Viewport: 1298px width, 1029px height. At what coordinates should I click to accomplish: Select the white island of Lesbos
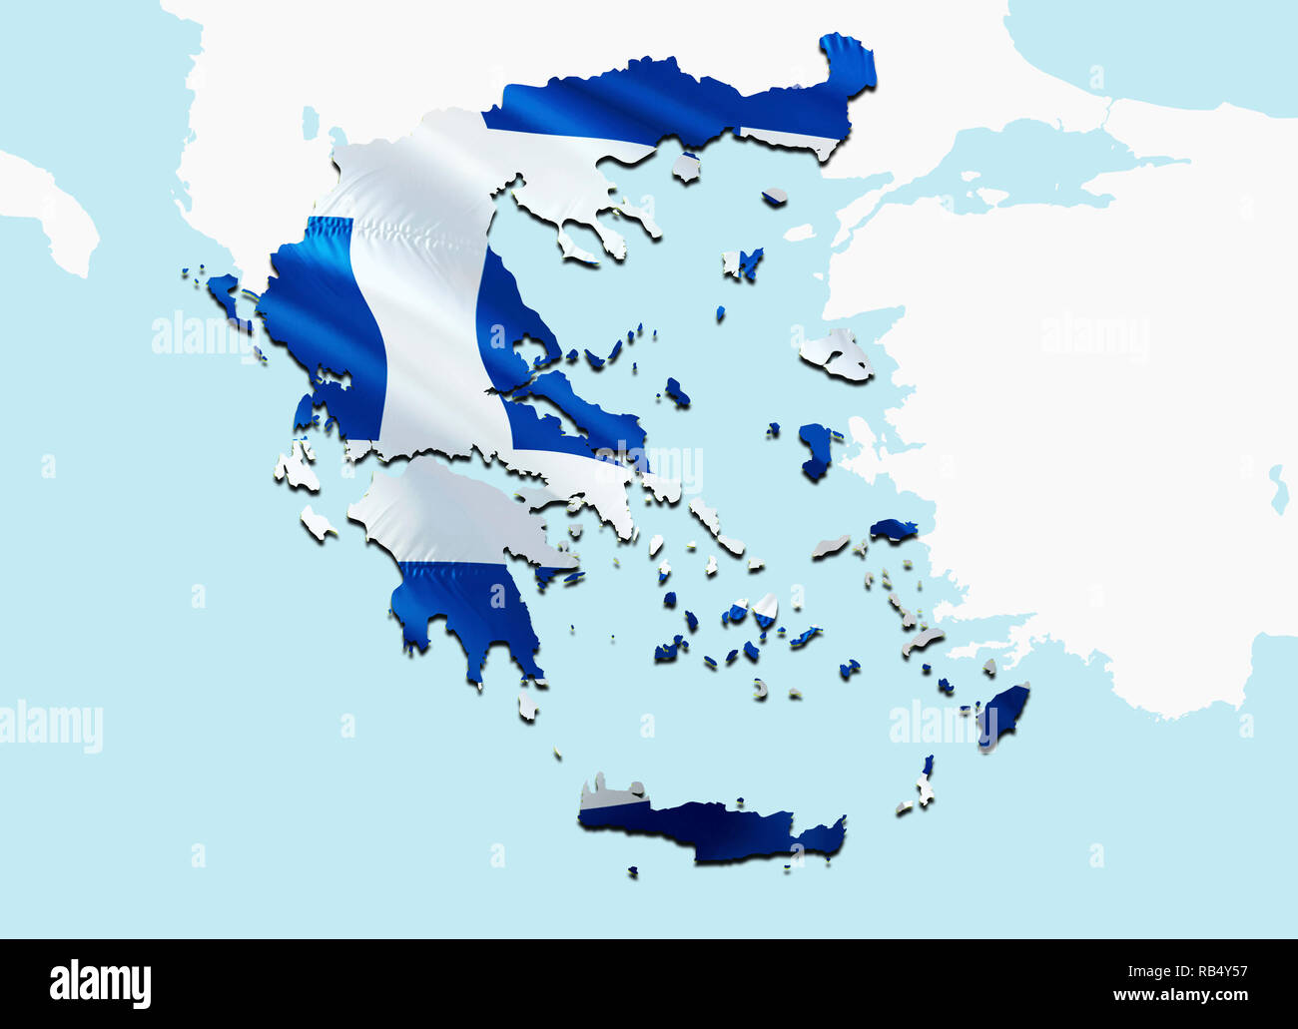coord(837,354)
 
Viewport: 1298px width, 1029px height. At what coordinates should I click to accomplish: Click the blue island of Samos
coord(893,529)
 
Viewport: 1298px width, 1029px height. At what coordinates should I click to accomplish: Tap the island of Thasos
coord(686,168)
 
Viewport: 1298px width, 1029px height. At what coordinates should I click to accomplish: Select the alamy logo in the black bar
coord(100,982)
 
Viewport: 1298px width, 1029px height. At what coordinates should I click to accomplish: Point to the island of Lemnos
coord(744,263)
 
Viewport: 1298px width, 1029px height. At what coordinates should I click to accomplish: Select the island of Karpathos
coord(926,783)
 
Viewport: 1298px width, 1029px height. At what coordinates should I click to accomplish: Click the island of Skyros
coord(677,392)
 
